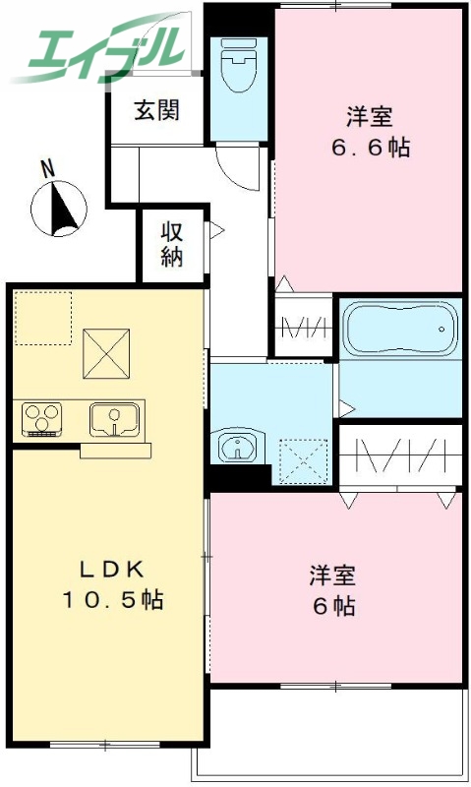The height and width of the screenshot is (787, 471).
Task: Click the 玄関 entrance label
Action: tap(157, 110)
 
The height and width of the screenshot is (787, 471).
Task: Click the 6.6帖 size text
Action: tap(370, 149)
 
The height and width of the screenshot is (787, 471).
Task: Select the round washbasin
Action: tap(236, 449)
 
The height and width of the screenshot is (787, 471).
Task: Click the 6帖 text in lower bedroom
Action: tap(333, 606)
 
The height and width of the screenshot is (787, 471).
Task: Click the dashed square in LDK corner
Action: tap(43, 319)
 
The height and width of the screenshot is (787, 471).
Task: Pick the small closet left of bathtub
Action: tap(303, 327)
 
